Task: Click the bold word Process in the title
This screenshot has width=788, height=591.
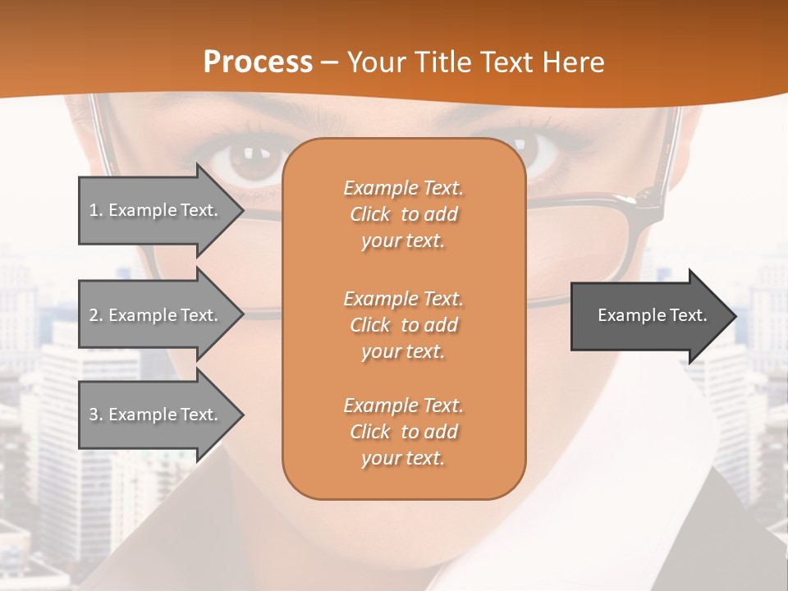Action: click(x=258, y=62)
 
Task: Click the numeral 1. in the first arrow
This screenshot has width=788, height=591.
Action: click(x=96, y=210)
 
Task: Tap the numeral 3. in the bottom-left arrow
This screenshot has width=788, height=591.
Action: click(x=96, y=415)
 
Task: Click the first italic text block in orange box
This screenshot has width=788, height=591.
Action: click(x=403, y=214)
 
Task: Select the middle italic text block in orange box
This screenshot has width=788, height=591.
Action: click(x=403, y=325)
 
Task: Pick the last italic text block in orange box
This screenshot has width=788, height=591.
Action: click(x=403, y=432)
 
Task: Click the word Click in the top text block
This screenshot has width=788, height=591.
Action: click(x=370, y=214)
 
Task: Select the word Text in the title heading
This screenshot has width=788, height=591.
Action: click(x=507, y=62)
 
